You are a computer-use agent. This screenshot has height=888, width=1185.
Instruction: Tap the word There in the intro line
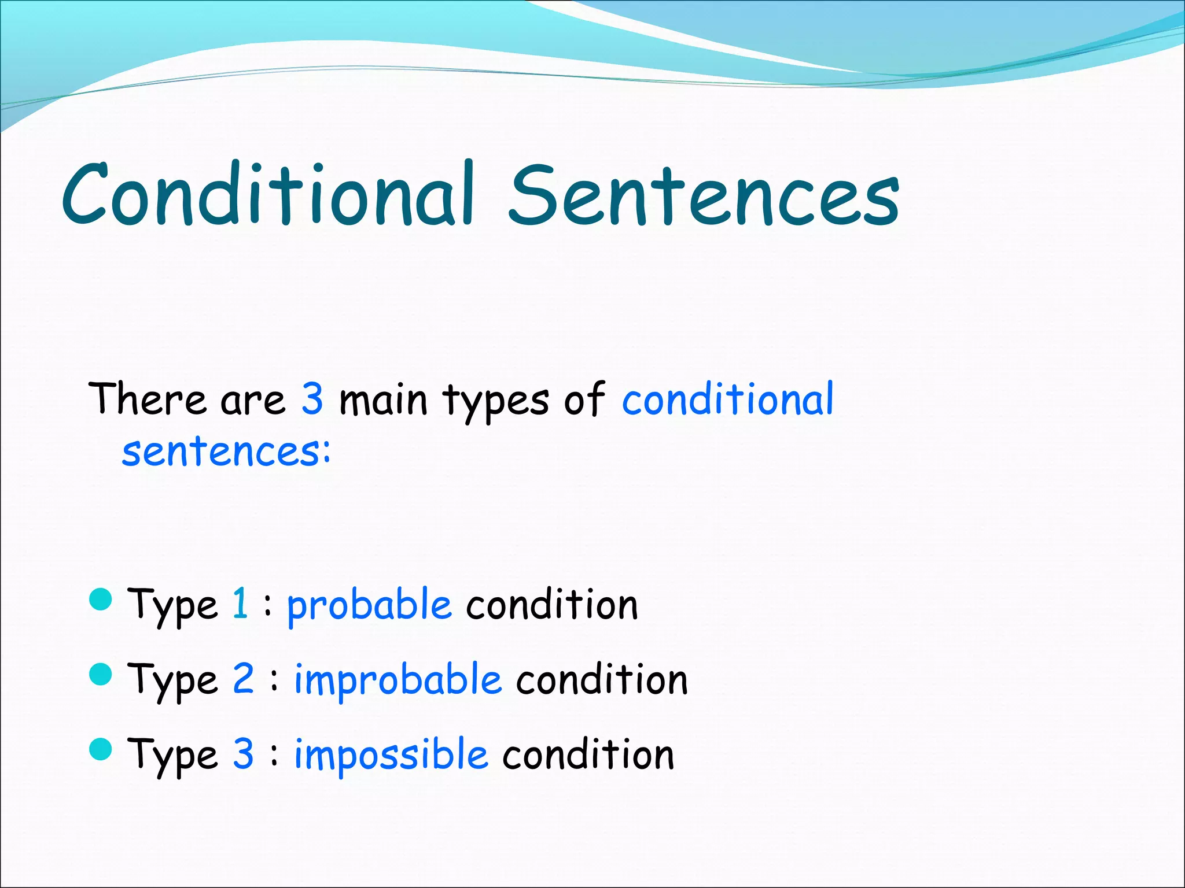(148, 399)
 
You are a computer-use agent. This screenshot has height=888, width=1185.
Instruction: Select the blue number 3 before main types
(312, 398)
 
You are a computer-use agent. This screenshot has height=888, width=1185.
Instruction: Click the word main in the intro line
(383, 399)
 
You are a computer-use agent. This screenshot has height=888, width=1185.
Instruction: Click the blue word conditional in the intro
(727, 399)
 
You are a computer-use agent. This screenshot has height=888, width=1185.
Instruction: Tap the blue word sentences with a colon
(226, 452)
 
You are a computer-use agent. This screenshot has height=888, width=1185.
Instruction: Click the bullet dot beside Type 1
(101, 600)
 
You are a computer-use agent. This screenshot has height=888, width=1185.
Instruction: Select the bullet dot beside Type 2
(101, 674)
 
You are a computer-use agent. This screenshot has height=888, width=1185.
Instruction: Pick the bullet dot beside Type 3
(101, 749)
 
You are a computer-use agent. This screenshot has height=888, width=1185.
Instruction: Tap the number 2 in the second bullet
(243, 679)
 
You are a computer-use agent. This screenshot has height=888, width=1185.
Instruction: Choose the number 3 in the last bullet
(243, 754)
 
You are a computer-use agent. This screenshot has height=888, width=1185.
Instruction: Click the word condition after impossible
(588, 754)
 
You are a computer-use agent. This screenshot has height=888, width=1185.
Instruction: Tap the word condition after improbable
(602, 679)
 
